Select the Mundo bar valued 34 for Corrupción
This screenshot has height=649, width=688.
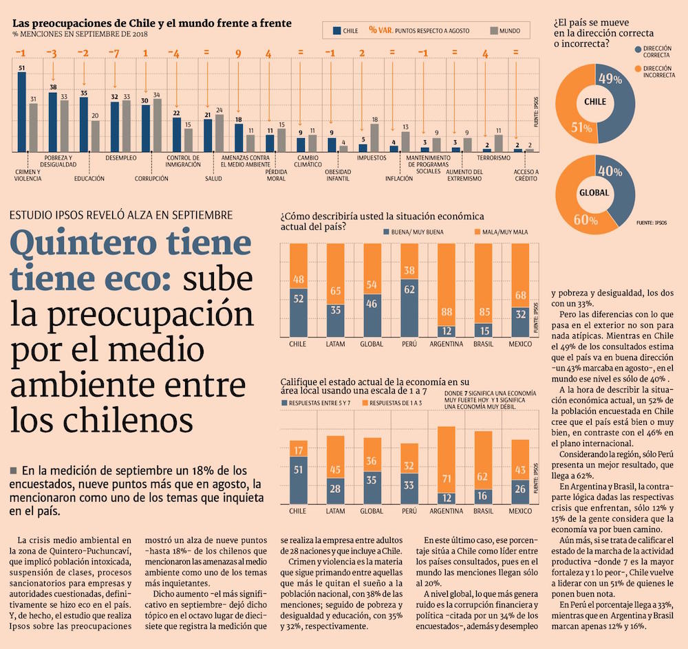click(158, 125)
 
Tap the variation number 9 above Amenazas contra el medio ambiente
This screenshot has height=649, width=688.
click(238, 54)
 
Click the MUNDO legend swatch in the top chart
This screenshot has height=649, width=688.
click(494, 31)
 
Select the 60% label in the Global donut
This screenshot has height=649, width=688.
click(585, 220)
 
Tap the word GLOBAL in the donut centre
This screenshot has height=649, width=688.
click(594, 192)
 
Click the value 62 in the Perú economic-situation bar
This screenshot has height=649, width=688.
click(409, 289)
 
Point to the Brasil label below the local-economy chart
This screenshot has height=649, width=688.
click(484, 511)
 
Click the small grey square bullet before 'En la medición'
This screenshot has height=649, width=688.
click(13, 470)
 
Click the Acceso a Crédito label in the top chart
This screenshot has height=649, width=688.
click(527, 175)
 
